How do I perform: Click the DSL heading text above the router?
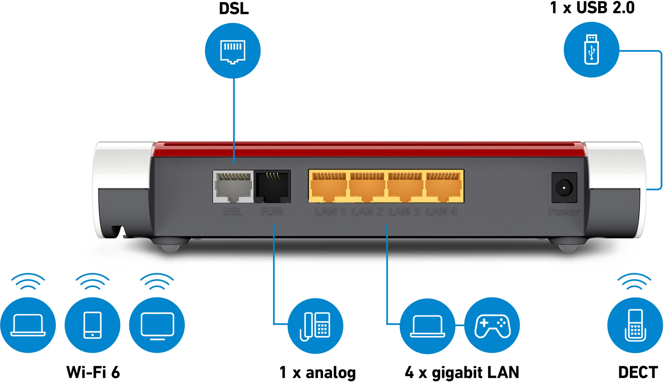click(x=234, y=9)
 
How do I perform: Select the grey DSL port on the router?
click(x=233, y=186)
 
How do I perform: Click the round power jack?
click(x=564, y=188)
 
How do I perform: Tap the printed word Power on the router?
click(x=564, y=212)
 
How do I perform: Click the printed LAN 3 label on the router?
click(x=404, y=212)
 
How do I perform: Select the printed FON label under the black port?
click(x=272, y=212)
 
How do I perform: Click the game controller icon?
click(x=492, y=326)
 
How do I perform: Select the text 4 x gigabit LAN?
click(x=462, y=372)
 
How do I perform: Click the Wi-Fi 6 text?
click(x=93, y=372)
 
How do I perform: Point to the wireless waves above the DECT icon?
click(x=634, y=281)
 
